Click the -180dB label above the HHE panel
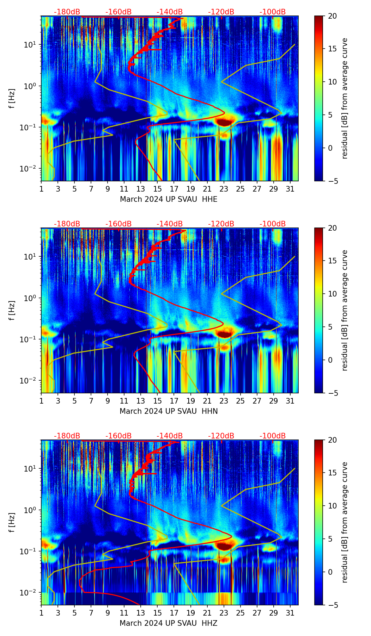67,12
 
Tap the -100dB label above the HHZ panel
273,436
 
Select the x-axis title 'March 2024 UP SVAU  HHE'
169,199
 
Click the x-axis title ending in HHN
169,411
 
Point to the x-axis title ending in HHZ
169,623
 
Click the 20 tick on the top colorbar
333,16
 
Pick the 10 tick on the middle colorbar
333,294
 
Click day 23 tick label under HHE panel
224,189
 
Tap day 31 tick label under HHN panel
290,401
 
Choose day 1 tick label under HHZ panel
41,613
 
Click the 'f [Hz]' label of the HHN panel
12,310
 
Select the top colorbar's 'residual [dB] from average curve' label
345,98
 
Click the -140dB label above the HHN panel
170,224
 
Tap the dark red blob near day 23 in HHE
224,122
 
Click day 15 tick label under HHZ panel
157,613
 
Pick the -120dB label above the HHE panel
221,12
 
